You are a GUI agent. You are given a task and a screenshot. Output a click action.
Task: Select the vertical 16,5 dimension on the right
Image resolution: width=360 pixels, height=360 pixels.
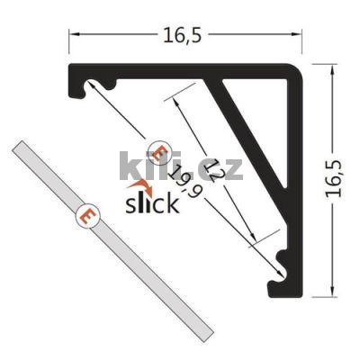(x=334, y=180)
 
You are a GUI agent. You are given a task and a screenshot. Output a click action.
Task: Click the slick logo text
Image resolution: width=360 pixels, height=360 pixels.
(x=151, y=201)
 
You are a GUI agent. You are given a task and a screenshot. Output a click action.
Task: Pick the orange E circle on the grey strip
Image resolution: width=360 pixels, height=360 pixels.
(x=86, y=216)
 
